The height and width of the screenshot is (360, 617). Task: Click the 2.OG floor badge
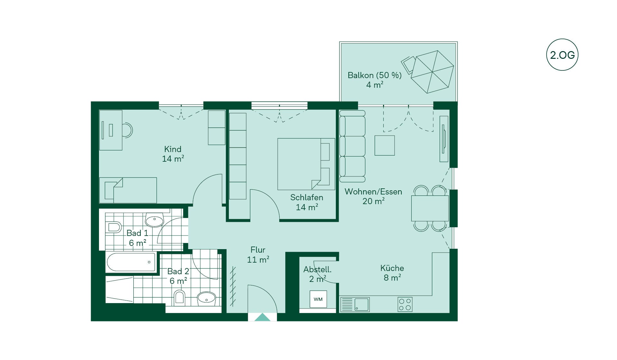point(562,55)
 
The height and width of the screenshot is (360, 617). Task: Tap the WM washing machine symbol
point(318,299)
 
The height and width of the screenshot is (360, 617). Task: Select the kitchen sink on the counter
point(355,304)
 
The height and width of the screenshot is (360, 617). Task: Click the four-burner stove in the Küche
point(405,304)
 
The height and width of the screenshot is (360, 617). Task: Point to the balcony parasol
point(432,72)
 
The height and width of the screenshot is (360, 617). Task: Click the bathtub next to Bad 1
point(131,262)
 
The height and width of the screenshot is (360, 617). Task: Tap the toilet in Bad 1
point(114,227)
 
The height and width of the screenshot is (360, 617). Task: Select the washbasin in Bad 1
point(155,220)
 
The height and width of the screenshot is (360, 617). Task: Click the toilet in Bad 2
point(180,298)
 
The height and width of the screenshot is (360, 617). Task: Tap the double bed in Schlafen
point(306,164)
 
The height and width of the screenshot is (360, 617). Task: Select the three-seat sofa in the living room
point(353,146)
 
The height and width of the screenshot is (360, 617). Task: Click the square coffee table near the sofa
point(385,145)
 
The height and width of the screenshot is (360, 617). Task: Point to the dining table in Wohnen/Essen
point(430,208)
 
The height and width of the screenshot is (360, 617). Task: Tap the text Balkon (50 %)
point(375,75)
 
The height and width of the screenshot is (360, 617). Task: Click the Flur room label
point(258,250)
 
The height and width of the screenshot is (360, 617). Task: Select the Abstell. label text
point(317,269)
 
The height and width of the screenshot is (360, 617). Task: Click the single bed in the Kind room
point(128,190)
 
